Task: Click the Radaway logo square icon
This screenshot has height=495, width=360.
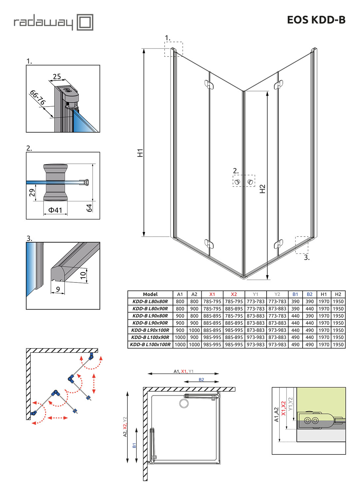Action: click(x=85, y=22)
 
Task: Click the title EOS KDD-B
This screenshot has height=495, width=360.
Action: click(x=316, y=20)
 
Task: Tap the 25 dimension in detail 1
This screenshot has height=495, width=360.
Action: click(x=57, y=77)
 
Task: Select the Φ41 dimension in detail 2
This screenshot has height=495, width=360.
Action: click(x=55, y=210)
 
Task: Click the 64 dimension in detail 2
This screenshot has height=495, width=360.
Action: click(x=89, y=208)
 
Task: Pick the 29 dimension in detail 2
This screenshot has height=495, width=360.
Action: click(x=32, y=192)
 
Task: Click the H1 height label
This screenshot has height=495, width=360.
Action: click(x=140, y=153)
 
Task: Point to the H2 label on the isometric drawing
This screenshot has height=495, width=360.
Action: click(x=262, y=188)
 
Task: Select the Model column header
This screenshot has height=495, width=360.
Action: click(x=150, y=294)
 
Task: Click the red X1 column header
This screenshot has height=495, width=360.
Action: click(x=212, y=294)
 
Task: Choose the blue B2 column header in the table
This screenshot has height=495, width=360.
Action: click(x=310, y=294)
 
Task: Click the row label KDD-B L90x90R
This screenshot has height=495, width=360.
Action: click(x=150, y=323)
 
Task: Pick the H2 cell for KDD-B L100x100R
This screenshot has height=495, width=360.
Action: click(x=338, y=345)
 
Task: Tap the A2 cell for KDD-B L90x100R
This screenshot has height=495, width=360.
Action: click(x=194, y=330)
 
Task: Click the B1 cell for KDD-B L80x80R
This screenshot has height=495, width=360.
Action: click(x=295, y=301)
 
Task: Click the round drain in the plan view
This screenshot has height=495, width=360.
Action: click(x=183, y=403)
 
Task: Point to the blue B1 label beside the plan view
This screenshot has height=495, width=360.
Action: click(x=134, y=445)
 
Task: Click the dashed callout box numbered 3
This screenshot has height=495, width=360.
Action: click(x=302, y=245)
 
